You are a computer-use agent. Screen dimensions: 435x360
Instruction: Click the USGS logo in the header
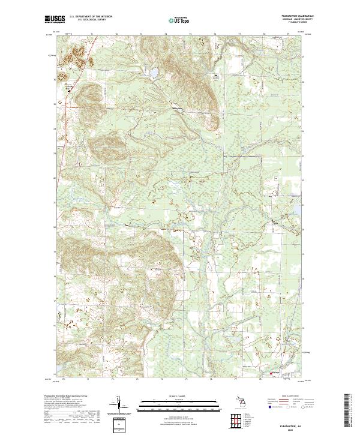pyautogui.click(x=53, y=20)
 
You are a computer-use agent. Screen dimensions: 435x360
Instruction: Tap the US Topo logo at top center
pyautogui.click(x=176, y=20)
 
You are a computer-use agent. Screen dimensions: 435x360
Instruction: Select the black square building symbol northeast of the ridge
pyautogui.click(x=216, y=77)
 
